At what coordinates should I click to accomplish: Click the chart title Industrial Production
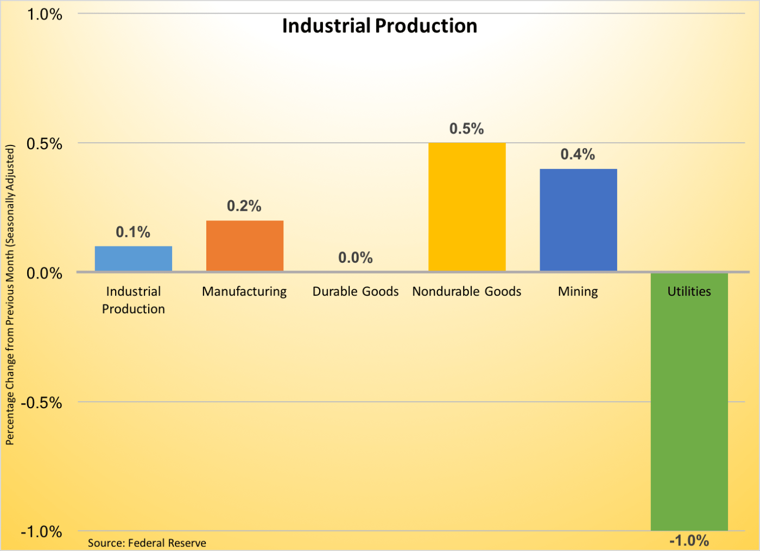pos(379,26)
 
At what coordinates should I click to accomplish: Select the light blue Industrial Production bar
pos(134,259)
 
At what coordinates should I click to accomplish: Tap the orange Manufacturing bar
pos(245,246)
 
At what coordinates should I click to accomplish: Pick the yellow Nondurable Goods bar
pos(467,207)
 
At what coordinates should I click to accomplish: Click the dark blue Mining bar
pos(578,220)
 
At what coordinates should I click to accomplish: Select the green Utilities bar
pos(689,413)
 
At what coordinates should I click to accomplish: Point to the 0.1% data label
pos(133,232)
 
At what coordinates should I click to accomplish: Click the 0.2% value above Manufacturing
pos(244,206)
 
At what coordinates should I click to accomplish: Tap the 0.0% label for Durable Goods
pos(356,258)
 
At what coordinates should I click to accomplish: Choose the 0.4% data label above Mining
pos(578,155)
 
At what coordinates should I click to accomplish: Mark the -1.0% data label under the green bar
pos(689,541)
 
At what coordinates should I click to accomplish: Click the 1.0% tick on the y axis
pos(45,15)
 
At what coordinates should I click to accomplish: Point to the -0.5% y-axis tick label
pos(42,403)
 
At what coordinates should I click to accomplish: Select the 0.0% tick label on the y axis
pos(45,273)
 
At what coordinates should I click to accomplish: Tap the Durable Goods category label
pos(356,292)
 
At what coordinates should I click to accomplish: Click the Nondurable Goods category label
pos(467,292)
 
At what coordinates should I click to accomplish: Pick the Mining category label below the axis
pos(578,292)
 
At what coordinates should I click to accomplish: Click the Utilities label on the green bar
pos(689,292)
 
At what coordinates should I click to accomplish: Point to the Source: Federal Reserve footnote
pos(147,543)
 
